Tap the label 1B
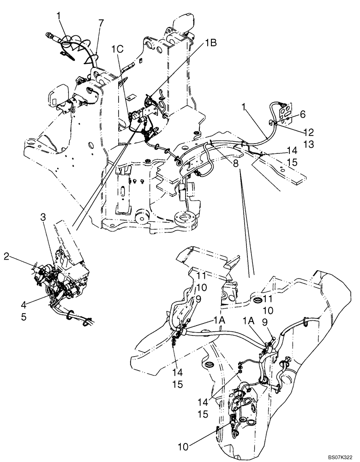[x=211, y=43]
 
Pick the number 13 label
[x=309, y=145]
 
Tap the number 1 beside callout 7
[x=59, y=15]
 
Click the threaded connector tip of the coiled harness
[x=50, y=34]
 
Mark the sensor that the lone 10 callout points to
[x=233, y=421]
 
